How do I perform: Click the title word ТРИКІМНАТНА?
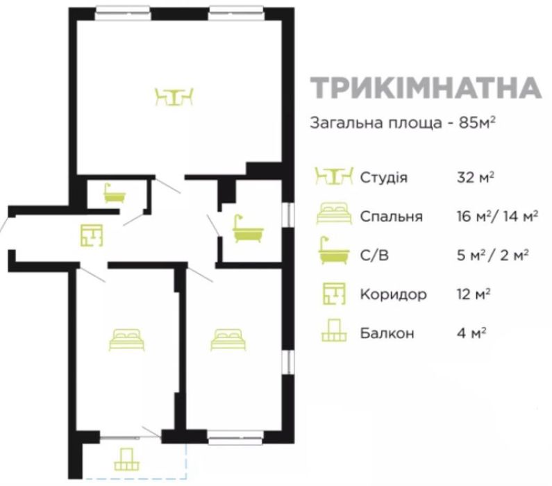pos(425,89)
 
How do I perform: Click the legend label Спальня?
pos(392,216)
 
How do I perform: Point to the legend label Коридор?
pos(393,294)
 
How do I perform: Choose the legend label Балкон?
pos(387,333)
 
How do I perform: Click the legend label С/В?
pos(374,255)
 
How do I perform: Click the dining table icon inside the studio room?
pos(174,97)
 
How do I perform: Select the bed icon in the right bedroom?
pos(230,339)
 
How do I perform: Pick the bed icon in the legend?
pos(334,215)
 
